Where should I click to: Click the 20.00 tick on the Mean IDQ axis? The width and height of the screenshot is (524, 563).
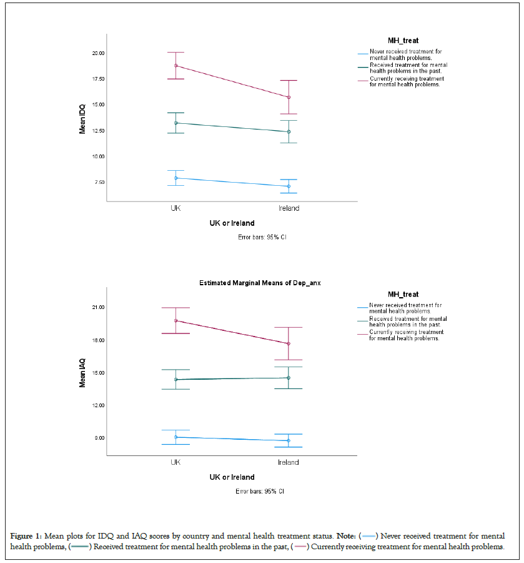(97, 53)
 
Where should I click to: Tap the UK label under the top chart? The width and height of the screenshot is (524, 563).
(176, 208)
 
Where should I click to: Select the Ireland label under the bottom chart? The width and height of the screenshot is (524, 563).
(289, 462)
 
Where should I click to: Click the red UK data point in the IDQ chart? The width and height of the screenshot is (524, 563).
(176, 66)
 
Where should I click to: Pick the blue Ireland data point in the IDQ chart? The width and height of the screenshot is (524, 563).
(289, 186)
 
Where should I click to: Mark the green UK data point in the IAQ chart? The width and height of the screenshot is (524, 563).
(176, 380)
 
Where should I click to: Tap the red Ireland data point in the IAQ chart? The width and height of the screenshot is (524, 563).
(289, 343)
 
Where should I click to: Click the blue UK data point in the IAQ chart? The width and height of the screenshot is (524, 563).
(176, 437)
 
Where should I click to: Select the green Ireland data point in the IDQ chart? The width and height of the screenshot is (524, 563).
(289, 131)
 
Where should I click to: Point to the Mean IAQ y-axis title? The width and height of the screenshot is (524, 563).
(82, 373)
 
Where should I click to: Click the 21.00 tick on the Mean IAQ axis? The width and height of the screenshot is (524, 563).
(97, 308)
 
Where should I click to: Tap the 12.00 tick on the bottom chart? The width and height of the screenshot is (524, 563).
(97, 405)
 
